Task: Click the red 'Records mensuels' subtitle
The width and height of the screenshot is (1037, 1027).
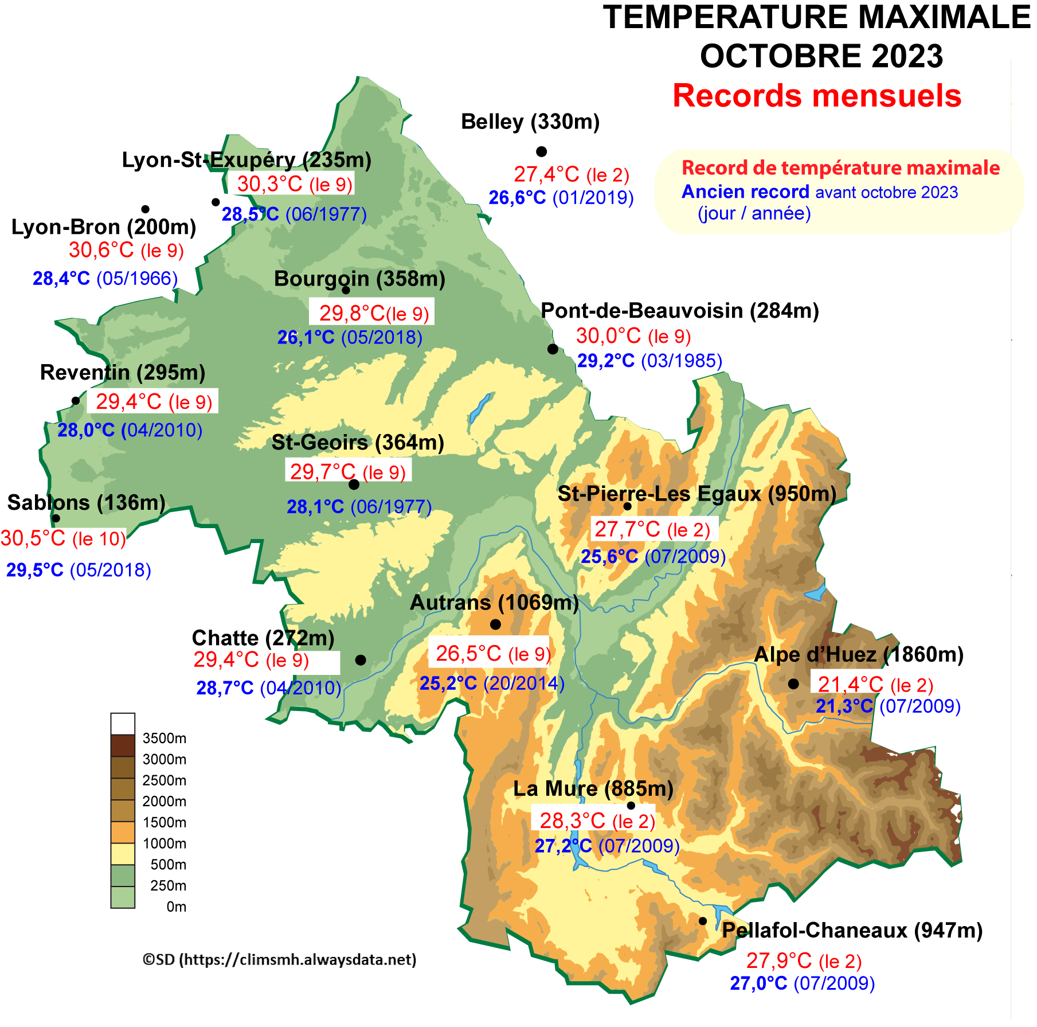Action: point(816,96)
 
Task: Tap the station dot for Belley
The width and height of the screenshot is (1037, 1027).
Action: point(541,151)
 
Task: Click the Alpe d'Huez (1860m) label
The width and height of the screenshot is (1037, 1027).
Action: point(858,654)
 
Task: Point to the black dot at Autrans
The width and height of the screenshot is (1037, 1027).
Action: point(495,624)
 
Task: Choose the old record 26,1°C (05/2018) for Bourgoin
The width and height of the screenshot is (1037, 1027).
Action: point(350,337)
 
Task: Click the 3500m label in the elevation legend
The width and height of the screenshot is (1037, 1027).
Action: point(164,738)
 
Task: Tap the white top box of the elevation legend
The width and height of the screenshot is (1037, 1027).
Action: point(123,724)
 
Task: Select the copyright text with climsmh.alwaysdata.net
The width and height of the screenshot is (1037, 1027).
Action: point(280,959)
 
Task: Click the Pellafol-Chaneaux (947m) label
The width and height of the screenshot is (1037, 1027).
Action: point(852,930)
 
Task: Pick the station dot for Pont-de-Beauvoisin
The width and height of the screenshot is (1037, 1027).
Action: point(553,349)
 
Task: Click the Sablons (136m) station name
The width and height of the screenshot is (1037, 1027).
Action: point(87,502)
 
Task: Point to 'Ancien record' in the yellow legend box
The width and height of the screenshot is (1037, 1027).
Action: point(745,192)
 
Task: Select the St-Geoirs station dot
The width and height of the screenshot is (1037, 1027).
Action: point(354,485)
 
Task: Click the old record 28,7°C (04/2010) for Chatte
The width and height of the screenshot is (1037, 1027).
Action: point(268,688)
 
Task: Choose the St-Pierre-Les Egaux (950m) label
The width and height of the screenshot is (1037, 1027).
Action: point(696,493)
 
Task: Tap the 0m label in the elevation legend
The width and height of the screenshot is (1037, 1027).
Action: point(176,907)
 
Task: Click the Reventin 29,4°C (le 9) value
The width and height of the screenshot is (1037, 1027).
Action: point(154,402)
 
